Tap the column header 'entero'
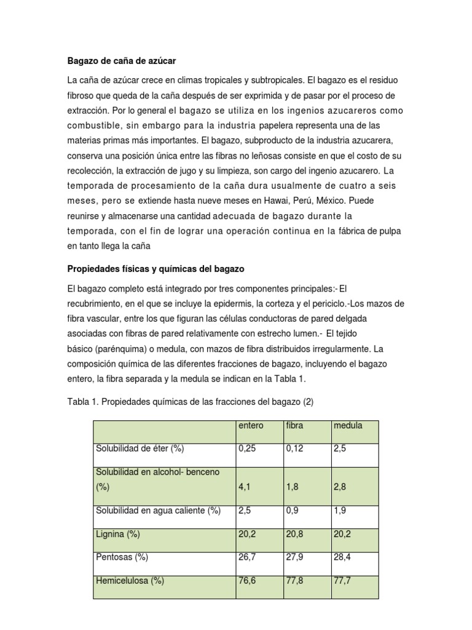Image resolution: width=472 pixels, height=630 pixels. pyautogui.click(x=250, y=425)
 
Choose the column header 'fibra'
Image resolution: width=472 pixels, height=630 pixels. pyautogui.click(x=295, y=425)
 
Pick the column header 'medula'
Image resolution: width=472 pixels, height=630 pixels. pyautogui.click(x=348, y=425)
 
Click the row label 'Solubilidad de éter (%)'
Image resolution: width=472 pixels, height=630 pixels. pyautogui.click(x=140, y=449)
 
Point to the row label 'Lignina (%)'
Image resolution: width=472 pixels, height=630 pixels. pyautogui.click(x=117, y=534)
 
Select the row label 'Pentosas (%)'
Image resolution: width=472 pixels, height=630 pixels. pyautogui.click(x=122, y=557)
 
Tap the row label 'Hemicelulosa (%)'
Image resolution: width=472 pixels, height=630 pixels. pyautogui.click(x=130, y=580)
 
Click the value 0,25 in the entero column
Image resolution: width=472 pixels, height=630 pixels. pyautogui.click(x=246, y=449)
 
